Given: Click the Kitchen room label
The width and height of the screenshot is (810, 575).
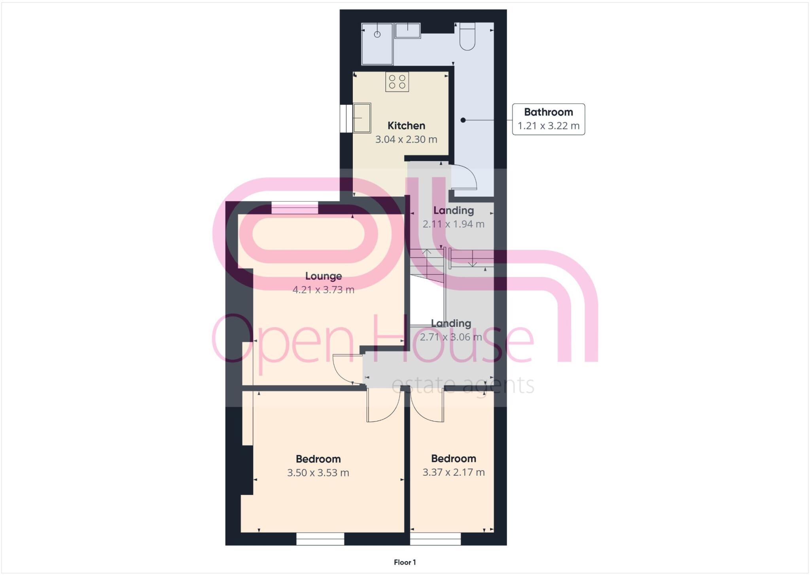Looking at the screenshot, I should pyautogui.click(x=406, y=126).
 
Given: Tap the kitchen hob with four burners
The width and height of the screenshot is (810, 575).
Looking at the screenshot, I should pyautogui.click(x=397, y=82).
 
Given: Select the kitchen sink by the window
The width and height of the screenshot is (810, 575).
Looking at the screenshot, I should pyautogui.click(x=362, y=118).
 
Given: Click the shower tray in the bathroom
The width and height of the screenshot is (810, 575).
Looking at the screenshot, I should pyautogui.click(x=377, y=44).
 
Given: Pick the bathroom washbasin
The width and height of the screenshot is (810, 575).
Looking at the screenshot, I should pyautogui.click(x=408, y=30).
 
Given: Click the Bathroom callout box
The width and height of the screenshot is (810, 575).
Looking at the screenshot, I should pyautogui.click(x=548, y=119).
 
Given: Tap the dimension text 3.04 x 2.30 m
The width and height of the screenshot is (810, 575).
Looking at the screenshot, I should pyautogui.click(x=406, y=140).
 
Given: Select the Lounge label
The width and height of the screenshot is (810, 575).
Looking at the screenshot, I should pyautogui.click(x=324, y=276).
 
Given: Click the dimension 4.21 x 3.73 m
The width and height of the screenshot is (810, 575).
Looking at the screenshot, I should pyautogui.click(x=324, y=290).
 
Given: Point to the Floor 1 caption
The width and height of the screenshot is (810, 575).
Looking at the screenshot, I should pyautogui.click(x=405, y=562).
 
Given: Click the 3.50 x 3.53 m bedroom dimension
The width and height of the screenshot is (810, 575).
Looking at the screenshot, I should pyautogui.click(x=318, y=473).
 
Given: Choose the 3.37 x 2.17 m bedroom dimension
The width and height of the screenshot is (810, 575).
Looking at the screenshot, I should pyautogui.click(x=453, y=472).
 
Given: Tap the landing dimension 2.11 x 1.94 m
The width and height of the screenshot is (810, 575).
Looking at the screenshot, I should pyautogui.click(x=453, y=224).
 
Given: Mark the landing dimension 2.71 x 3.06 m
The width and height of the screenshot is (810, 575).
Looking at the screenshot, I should pyautogui.click(x=451, y=337).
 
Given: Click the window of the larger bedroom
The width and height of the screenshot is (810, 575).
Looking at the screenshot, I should pyautogui.click(x=320, y=539).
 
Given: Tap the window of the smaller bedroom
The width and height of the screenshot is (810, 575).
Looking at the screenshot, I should pyautogui.click(x=435, y=539).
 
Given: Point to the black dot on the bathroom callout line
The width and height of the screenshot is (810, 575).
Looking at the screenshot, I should pyautogui.click(x=463, y=120).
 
